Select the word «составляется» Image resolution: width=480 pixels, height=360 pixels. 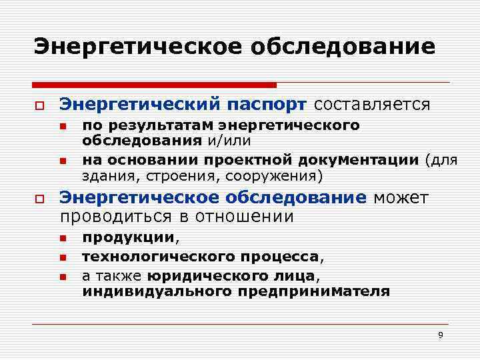[372, 105]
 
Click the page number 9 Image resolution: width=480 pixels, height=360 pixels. [440, 335]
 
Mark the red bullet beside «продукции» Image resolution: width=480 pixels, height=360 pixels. [61, 239]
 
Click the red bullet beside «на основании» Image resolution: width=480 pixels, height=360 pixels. [61, 161]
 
